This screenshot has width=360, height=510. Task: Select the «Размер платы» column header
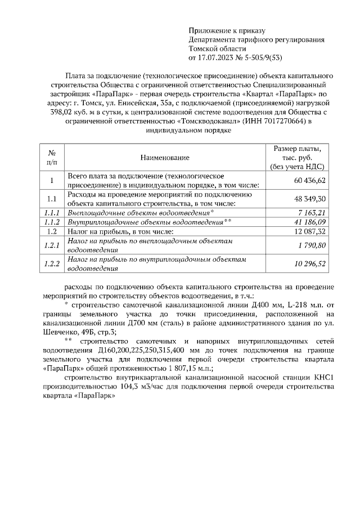point(296,149)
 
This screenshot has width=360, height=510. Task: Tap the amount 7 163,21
point(312,213)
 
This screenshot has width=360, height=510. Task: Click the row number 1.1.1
point(51,213)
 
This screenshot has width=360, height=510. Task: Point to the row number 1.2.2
point(51,263)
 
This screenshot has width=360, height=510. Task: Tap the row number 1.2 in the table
point(51,231)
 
